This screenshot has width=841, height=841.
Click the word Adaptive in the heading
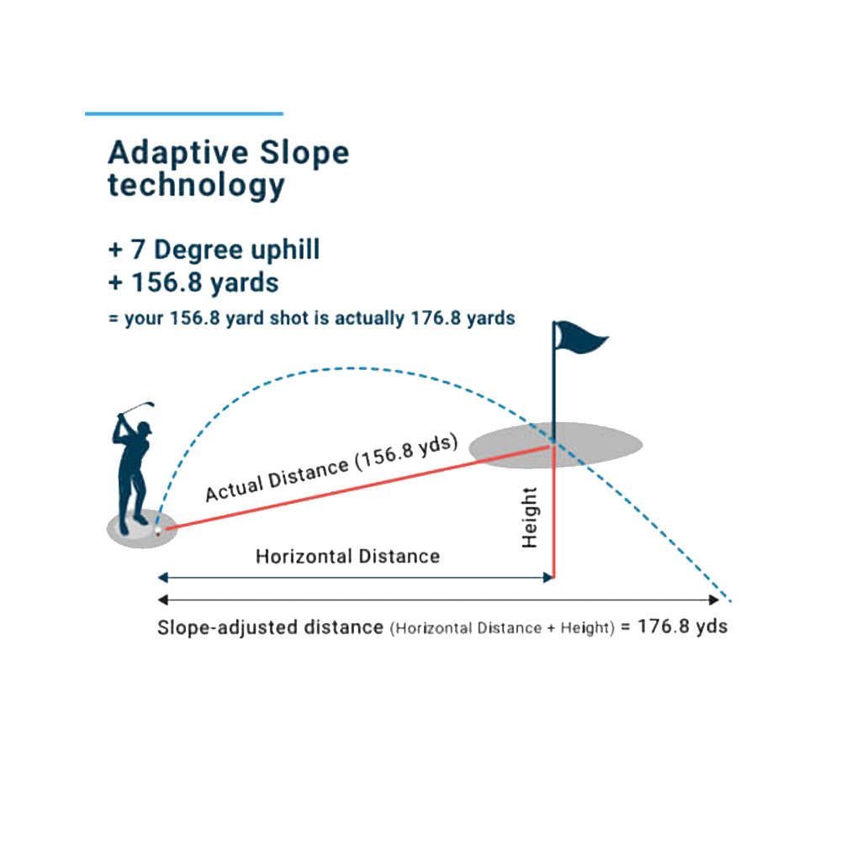click(x=178, y=153)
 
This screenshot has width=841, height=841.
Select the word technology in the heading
click(x=196, y=186)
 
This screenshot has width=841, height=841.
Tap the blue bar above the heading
click(x=184, y=114)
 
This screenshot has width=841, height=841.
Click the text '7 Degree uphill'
click(x=225, y=250)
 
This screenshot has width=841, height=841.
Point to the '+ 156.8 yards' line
click(x=193, y=283)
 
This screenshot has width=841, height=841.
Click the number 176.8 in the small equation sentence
click(x=436, y=318)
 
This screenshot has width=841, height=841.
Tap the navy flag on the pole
click(x=582, y=338)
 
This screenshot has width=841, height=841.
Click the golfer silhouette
click(x=132, y=471)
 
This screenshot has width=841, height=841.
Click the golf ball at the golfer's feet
click(x=158, y=531)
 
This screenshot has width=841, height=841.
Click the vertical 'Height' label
click(x=529, y=517)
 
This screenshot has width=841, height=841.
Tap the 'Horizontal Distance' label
click(x=347, y=556)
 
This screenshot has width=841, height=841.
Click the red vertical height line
click(x=553, y=511)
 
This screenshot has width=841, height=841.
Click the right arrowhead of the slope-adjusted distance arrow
click(x=714, y=600)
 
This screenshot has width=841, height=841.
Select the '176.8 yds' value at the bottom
click(x=682, y=627)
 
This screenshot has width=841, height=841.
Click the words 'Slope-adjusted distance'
click(x=270, y=627)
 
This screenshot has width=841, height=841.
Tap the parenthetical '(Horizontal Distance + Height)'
click(x=502, y=628)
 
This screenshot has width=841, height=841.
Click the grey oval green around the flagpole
click(x=556, y=445)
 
